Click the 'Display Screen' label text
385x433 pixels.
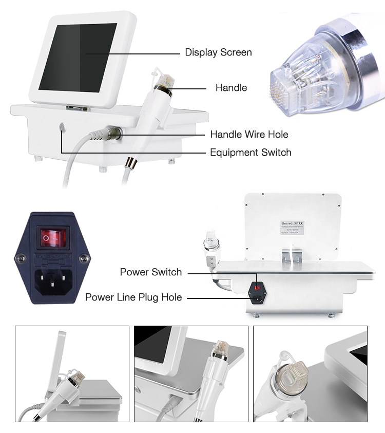pos(218,52)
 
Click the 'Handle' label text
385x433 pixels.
pos(231,88)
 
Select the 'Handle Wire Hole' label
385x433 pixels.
pos(249,135)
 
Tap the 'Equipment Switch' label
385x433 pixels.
pos(251,153)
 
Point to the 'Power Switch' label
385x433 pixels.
pos(151,272)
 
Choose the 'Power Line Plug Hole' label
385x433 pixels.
pos(133,297)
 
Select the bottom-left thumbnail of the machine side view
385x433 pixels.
pos(72,373)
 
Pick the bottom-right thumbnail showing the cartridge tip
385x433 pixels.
pos(310,373)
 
